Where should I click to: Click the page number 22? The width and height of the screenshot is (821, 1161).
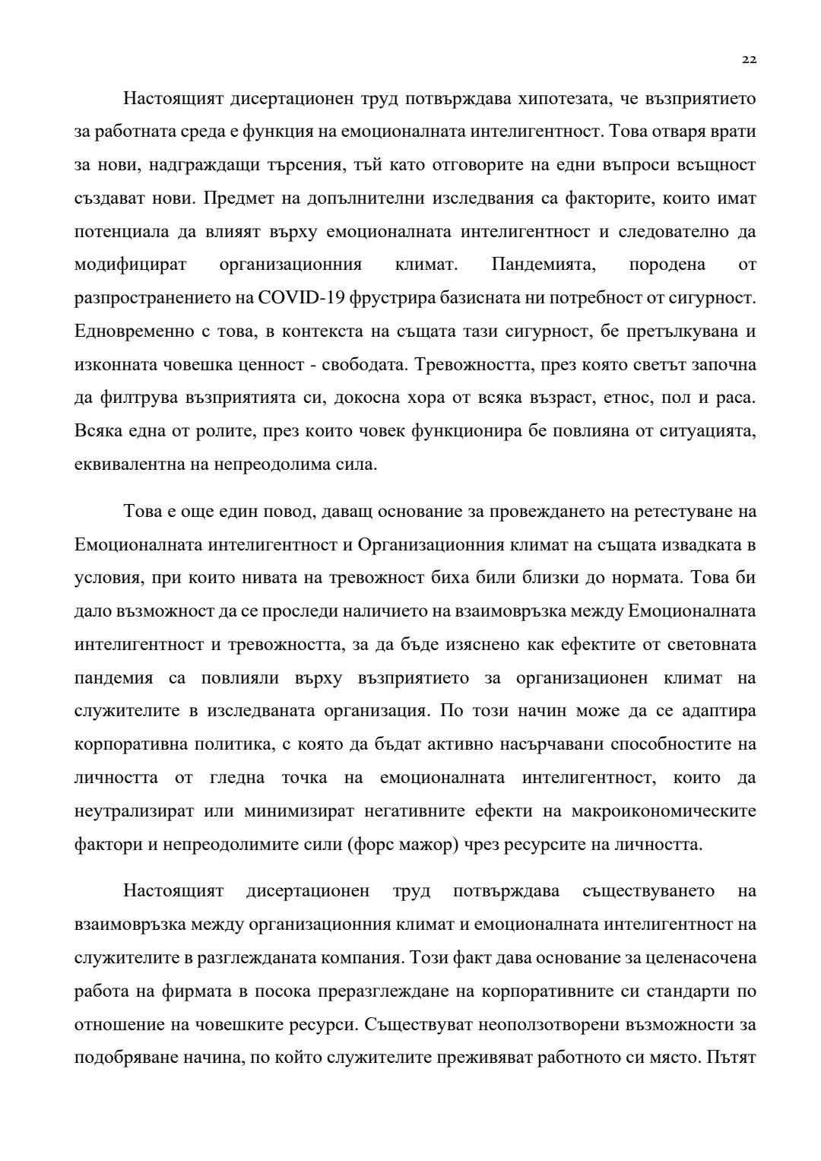click(750, 60)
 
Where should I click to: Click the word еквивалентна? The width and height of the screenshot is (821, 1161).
click(127, 463)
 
